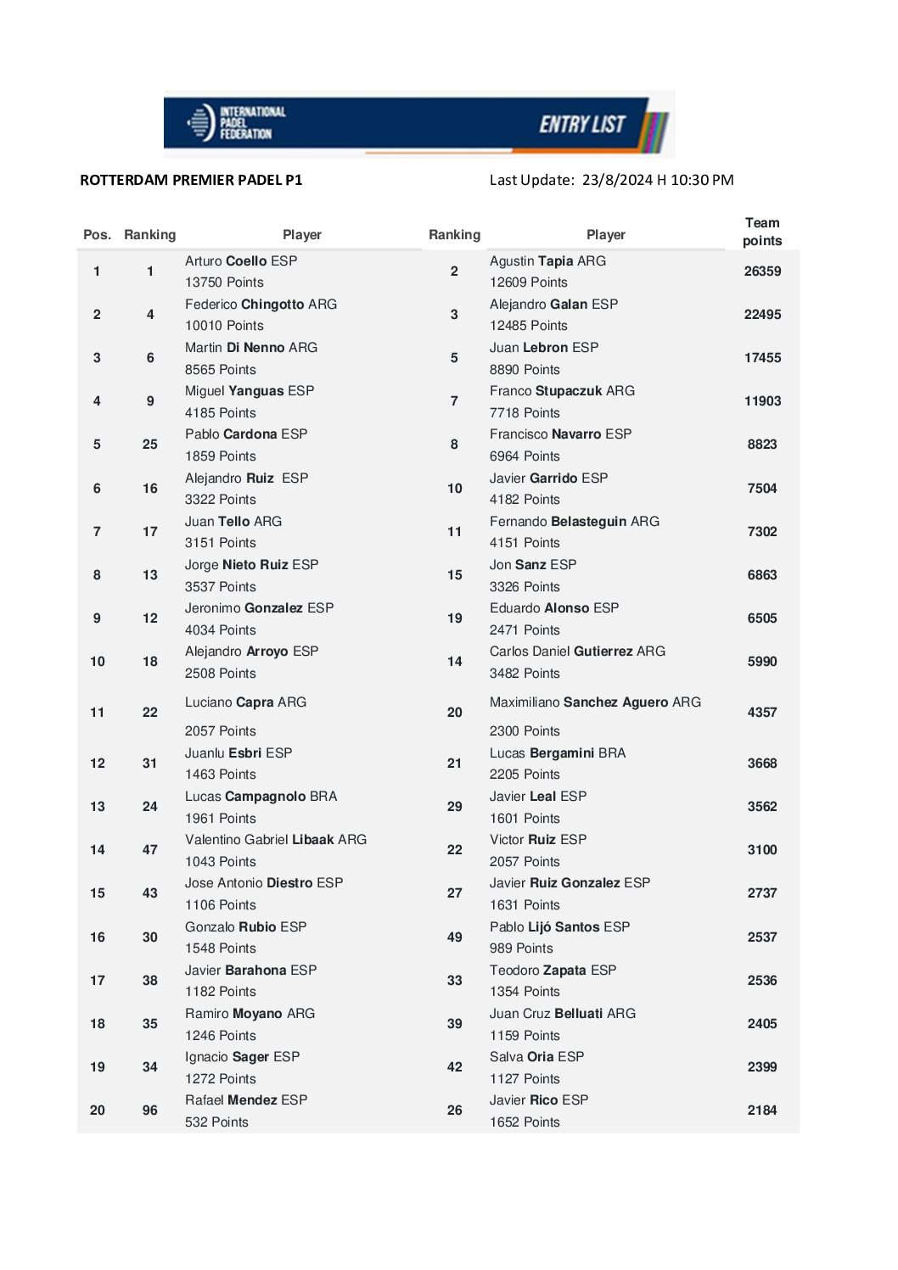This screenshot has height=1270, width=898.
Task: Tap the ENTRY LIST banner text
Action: [x=582, y=125]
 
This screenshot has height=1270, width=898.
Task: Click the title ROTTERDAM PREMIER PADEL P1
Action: [x=191, y=180]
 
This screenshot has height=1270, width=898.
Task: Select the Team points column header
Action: [x=761, y=232]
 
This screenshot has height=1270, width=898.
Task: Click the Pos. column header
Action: [x=97, y=235]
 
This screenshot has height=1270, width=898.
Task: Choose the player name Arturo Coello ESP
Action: [x=241, y=261]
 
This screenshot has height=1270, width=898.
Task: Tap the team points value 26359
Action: [x=762, y=271]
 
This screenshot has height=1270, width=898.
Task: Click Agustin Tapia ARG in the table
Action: [x=547, y=261]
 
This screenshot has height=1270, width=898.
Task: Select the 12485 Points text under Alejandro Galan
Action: [x=528, y=326]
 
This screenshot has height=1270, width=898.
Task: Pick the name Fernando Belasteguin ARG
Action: [x=574, y=522]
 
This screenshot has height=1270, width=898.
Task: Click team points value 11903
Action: [x=762, y=401]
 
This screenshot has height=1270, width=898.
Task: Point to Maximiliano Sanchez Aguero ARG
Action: [x=595, y=702]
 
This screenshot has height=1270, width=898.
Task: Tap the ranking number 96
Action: [x=150, y=1111]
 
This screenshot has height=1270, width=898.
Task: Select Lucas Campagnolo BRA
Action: [x=261, y=797]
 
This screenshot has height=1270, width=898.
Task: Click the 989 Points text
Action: [x=521, y=948]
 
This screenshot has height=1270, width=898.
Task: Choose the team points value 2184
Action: [x=762, y=1111]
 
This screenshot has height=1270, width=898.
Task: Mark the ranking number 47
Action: [x=150, y=850]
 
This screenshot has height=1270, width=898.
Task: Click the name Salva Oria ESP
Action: [x=536, y=1057]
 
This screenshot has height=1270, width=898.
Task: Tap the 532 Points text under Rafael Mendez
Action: [x=216, y=1122]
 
